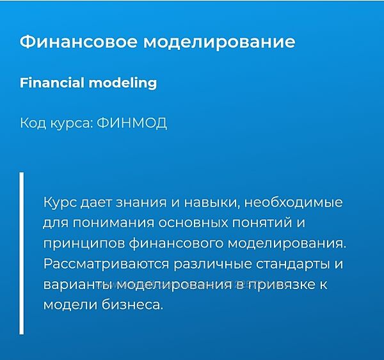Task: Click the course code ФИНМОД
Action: [132, 123]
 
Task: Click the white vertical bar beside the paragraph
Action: [22, 253]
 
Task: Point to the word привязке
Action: [281, 285]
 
